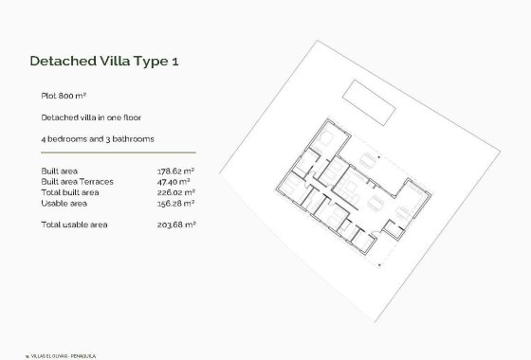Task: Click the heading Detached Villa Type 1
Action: pyautogui.click(x=104, y=62)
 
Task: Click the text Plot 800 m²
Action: pyautogui.click(x=64, y=97)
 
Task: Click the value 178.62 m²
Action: pyautogui.click(x=175, y=171)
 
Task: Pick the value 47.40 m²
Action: pyautogui.click(x=174, y=182)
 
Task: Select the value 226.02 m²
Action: pyautogui.click(x=175, y=192)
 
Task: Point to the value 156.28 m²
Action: pyautogui.click(x=175, y=203)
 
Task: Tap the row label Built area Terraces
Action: pyautogui.click(x=76, y=182)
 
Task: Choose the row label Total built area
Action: pyautogui.click(x=70, y=192)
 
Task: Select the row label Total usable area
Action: pyautogui.click(x=74, y=225)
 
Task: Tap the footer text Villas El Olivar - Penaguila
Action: pyautogui.click(x=58, y=355)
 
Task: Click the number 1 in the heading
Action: pyautogui.click(x=174, y=62)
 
